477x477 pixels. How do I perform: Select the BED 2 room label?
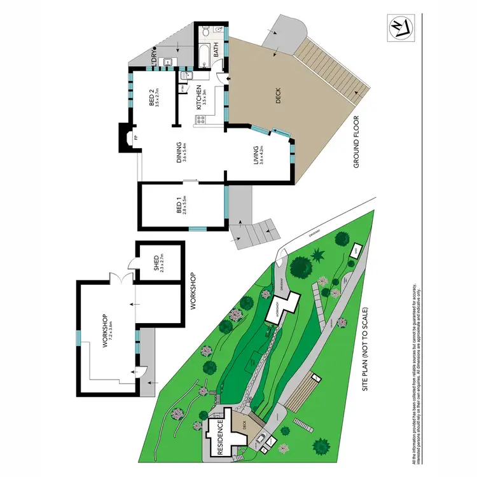tap(155, 101)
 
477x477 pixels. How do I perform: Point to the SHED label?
tap(157, 263)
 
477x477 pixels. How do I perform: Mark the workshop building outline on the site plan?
tap(281, 308)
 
